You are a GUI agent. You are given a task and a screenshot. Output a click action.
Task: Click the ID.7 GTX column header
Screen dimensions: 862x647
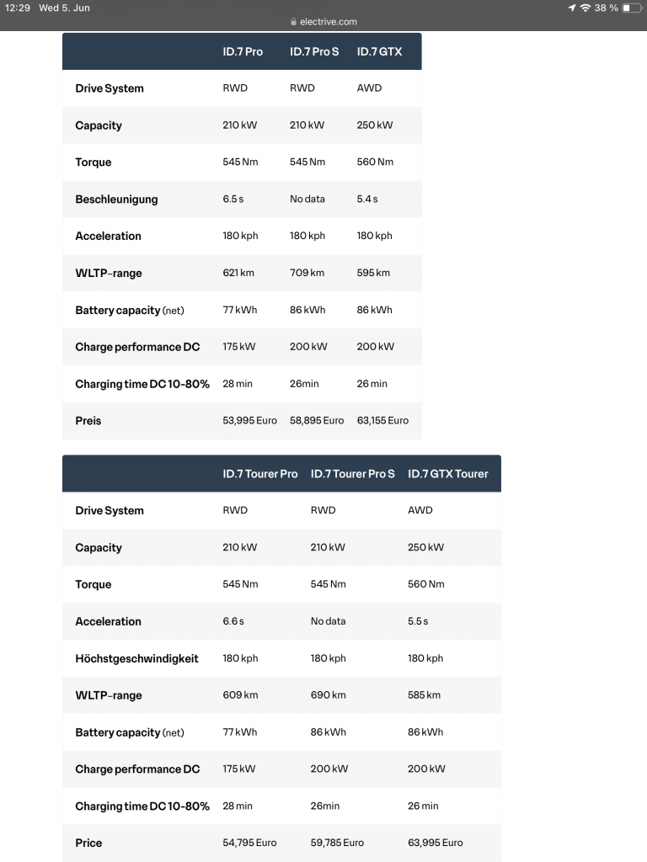coord(379,51)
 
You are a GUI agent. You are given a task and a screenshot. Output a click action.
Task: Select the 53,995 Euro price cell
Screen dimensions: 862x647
coord(249,420)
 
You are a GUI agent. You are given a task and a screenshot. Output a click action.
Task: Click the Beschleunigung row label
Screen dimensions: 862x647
coord(116,200)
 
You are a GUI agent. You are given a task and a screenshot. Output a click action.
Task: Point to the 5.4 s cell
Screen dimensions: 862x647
coord(367,200)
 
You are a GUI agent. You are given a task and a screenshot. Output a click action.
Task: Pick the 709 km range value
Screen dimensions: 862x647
coord(307,273)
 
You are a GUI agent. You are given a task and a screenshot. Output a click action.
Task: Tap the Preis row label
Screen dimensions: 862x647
coord(88,421)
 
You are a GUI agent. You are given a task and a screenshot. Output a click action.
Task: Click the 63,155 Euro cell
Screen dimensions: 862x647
coord(382,420)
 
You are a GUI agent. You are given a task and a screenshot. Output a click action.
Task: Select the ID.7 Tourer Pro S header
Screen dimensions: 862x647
coord(352,474)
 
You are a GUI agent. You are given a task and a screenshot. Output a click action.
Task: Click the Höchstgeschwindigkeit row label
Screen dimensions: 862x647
coord(136,658)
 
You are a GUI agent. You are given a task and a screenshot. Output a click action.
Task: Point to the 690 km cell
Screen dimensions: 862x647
coord(328,695)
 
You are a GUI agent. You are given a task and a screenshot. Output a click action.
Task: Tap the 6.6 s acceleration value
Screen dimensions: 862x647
coord(233,621)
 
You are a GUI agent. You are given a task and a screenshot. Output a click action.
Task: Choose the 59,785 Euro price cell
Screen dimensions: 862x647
coord(337,843)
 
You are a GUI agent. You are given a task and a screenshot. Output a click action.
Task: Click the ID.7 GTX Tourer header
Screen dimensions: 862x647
coord(447,474)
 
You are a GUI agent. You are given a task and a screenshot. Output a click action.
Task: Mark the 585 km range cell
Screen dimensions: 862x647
coord(424,695)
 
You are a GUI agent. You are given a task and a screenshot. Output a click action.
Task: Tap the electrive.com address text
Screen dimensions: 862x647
coord(328,22)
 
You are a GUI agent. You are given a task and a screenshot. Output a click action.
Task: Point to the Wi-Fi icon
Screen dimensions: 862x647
coord(586,8)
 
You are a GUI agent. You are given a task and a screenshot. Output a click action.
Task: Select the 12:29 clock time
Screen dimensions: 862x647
coord(17,8)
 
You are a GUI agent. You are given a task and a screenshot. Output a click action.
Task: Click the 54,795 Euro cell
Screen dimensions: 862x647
coord(249,843)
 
